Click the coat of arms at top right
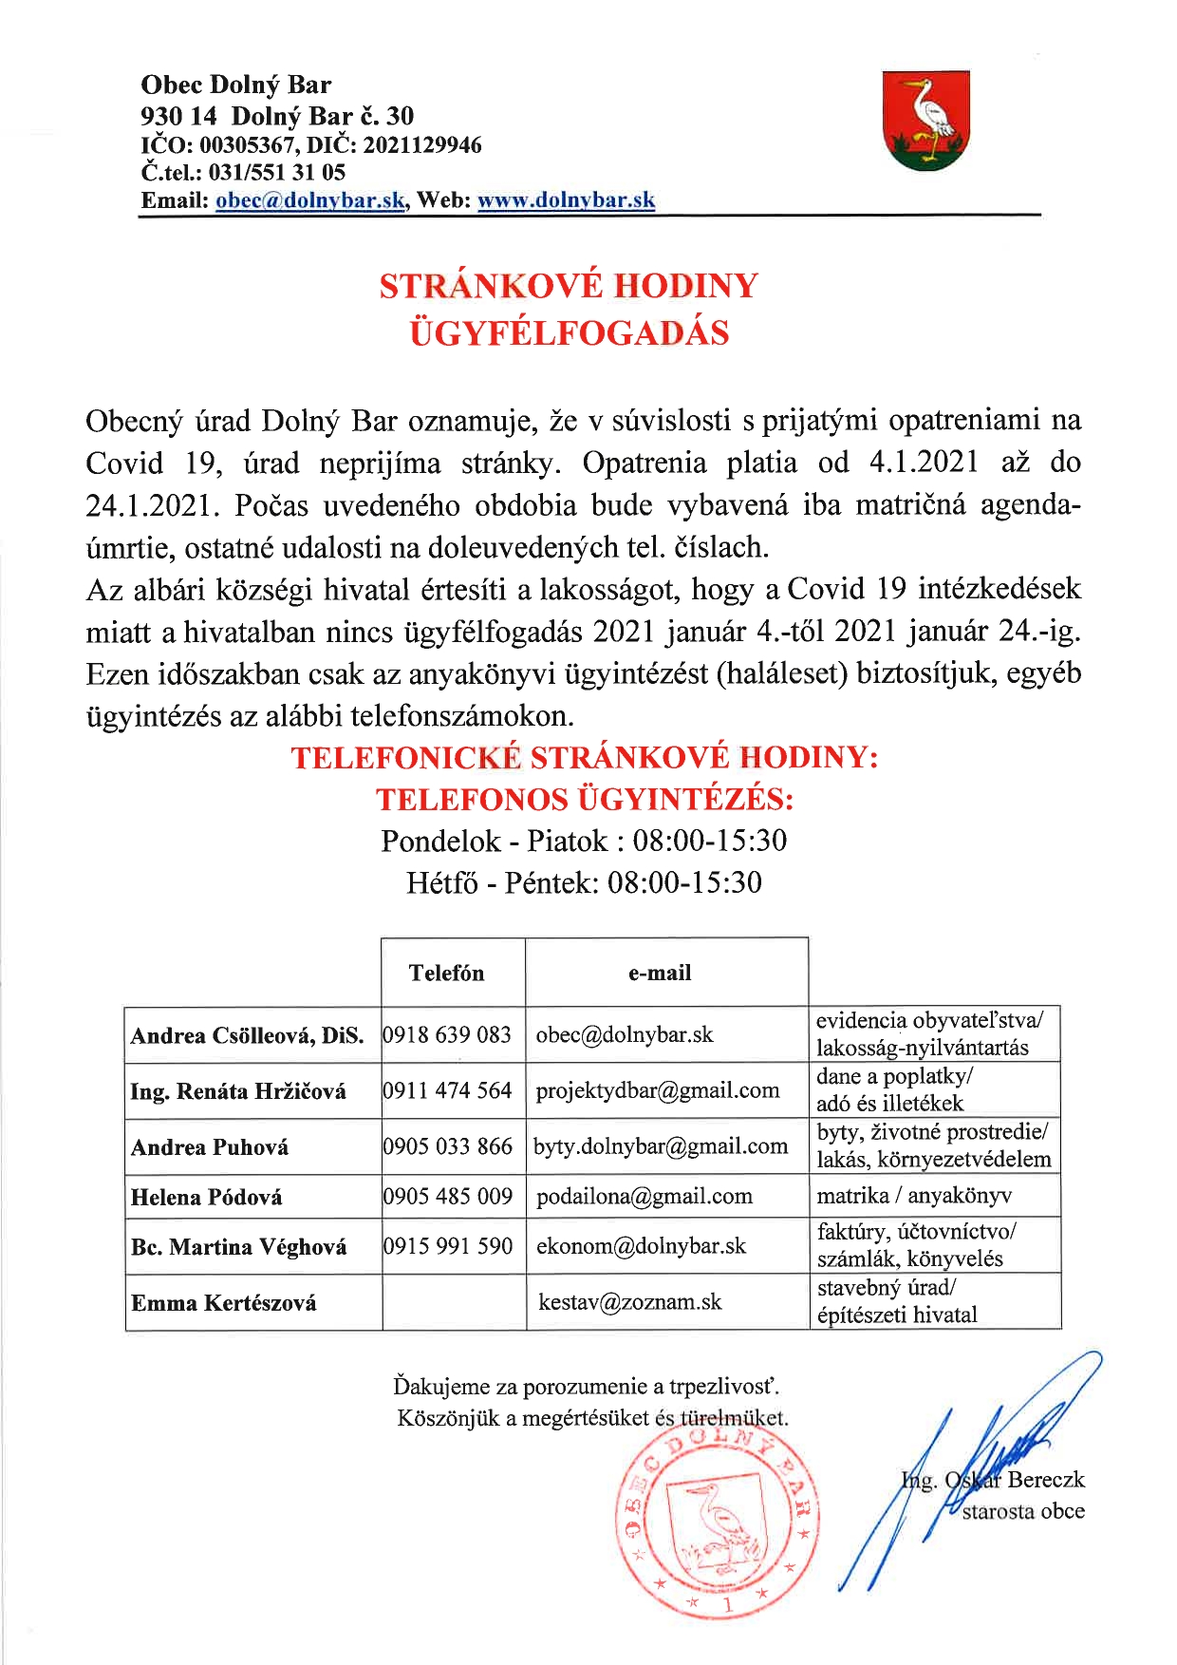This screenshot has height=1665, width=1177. point(925,121)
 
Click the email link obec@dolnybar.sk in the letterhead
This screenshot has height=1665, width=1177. point(311,200)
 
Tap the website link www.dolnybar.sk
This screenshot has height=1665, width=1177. point(566,200)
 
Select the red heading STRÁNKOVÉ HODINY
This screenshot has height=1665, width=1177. point(569,286)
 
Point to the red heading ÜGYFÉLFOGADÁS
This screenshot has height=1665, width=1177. point(569,333)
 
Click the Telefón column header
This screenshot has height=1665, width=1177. point(446,973)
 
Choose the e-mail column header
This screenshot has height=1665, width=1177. point(660,973)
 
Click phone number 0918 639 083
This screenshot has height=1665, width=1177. point(448,1034)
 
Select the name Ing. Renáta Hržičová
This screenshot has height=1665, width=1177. point(238,1091)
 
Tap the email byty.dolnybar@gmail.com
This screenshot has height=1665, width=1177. point(661,1146)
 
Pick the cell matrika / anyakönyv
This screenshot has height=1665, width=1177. point(914,1196)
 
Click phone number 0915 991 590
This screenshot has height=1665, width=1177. point(448,1246)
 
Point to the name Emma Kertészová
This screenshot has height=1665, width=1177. point(224,1303)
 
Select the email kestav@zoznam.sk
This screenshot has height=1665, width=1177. point(629,1301)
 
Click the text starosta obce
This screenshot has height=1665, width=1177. point(1023,1511)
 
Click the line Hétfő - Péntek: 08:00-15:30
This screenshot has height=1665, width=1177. point(584,883)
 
